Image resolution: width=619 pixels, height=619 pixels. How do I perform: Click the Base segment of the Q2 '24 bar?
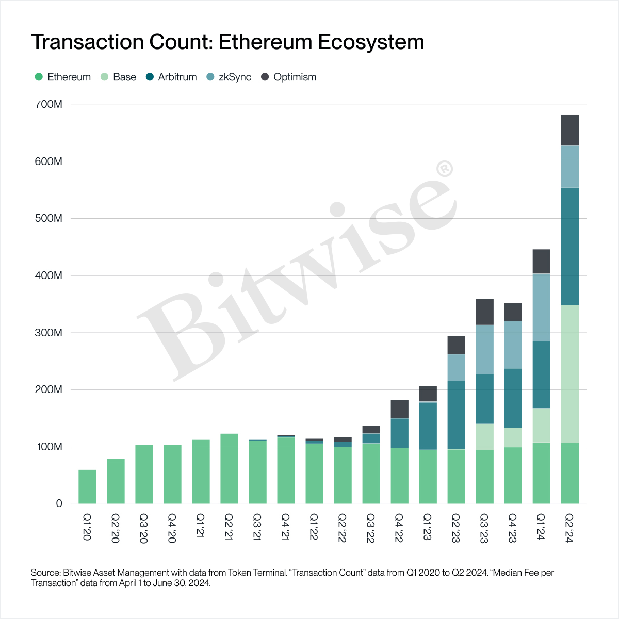[569, 374]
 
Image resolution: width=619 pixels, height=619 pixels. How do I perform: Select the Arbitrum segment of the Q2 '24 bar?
[569, 247]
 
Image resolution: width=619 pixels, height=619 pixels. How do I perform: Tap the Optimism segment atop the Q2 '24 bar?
[569, 130]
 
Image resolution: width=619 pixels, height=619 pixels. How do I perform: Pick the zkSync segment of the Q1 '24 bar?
[541, 307]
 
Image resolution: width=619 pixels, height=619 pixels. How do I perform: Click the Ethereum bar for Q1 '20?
[87, 487]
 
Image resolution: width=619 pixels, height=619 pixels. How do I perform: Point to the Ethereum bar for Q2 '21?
[229, 469]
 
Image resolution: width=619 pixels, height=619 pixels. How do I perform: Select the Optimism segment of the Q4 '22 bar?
[399, 410]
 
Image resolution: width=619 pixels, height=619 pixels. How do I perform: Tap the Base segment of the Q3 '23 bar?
[484, 437]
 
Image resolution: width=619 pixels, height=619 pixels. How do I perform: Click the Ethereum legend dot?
[39, 77]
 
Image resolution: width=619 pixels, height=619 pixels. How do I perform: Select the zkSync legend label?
[235, 77]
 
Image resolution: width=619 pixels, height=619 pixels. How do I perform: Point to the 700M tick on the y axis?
[50, 105]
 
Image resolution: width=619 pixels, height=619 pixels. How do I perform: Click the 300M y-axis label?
[50, 333]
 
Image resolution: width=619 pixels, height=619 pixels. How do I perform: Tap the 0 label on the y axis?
[59, 504]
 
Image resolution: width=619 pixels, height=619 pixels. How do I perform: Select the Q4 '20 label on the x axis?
[172, 528]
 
